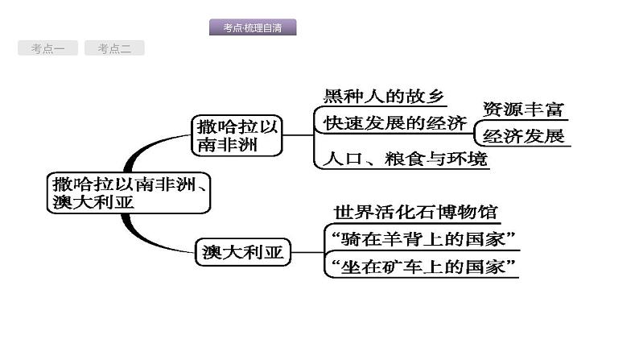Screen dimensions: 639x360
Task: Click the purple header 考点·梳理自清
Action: [252, 28]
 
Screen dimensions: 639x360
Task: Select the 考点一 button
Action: [47, 49]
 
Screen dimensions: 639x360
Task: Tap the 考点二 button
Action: [114, 49]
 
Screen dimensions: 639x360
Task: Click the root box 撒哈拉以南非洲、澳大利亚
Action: [128, 192]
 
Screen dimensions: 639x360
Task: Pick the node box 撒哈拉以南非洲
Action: [237, 135]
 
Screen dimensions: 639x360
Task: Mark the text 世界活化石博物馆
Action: [416, 213]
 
